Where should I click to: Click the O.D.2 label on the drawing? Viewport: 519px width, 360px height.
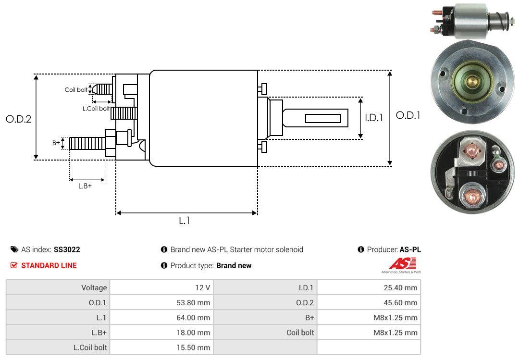(19, 119)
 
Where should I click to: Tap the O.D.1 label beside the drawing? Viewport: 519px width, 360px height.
(408, 115)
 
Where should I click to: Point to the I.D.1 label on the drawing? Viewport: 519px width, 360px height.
(374, 118)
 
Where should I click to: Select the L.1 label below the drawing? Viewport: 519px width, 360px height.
(185, 221)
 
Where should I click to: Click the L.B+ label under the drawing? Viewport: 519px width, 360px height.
(85, 186)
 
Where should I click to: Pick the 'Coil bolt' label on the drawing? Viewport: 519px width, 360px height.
(76, 90)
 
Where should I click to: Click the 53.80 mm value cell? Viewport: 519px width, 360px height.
(193, 303)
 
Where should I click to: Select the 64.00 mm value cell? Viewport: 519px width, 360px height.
(193, 318)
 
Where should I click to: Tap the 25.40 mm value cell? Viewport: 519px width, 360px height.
(400, 288)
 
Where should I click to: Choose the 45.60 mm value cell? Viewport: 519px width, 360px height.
(400, 303)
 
